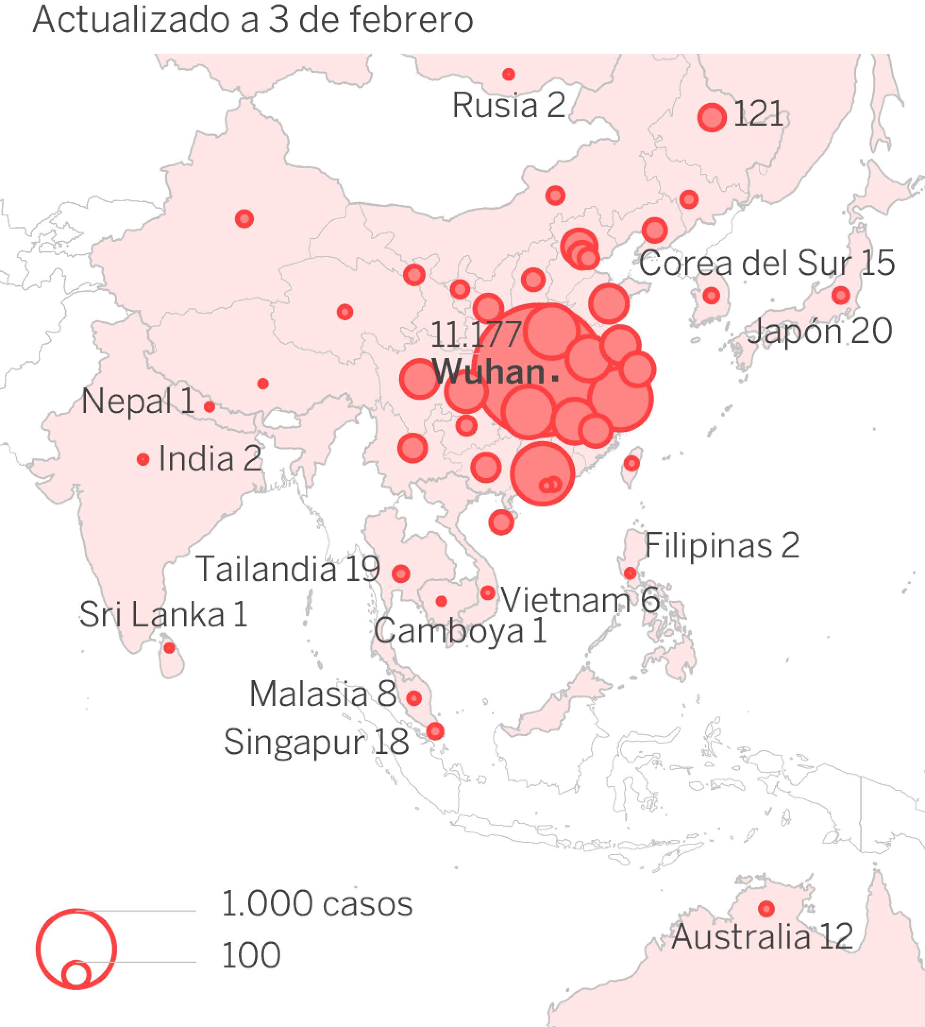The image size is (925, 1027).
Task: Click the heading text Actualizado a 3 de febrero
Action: pos(252,20)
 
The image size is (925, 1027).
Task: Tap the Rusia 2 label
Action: pos(508,106)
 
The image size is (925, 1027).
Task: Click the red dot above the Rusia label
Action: pos(508,75)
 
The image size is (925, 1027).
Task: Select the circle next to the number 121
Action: pos(712,117)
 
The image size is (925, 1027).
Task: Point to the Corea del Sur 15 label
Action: pos(766,263)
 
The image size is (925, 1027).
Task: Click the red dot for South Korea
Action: pos(711,295)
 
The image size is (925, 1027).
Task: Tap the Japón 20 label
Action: pos(819,331)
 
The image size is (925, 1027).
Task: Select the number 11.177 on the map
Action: pos(476,335)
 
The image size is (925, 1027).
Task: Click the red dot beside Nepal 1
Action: pos(210,406)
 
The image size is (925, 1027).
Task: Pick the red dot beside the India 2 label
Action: pos(143,459)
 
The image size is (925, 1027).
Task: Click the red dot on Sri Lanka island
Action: pos(169,648)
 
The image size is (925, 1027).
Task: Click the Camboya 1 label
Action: pos(460,631)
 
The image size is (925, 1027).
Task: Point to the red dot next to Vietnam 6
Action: pos(488,592)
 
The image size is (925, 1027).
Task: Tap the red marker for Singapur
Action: pos(435,731)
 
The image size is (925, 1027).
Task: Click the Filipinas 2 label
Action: pos(722,545)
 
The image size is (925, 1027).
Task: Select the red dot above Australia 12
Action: pos(766,908)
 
